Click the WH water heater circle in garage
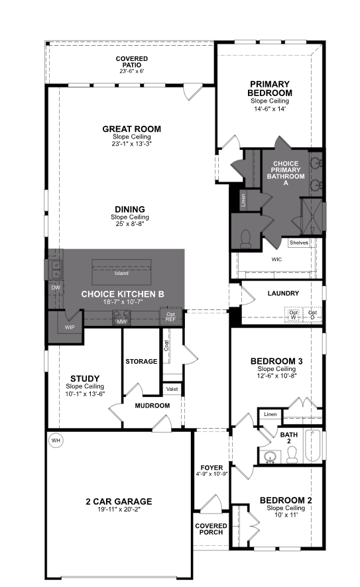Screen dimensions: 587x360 (x=56, y=440)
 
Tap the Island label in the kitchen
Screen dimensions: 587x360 (x=121, y=273)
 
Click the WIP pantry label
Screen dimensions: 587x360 (x=70, y=328)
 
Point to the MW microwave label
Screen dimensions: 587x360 (x=121, y=321)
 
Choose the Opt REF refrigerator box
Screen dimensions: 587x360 (x=170, y=317)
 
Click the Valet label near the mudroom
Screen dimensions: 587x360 (x=172, y=389)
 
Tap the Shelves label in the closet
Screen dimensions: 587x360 (x=298, y=242)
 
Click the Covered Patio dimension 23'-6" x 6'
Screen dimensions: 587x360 (x=131, y=71)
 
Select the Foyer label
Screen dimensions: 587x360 (x=212, y=468)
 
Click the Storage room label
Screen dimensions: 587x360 (x=141, y=361)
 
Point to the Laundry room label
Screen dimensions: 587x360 (x=283, y=293)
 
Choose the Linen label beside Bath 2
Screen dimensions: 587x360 (x=270, y=414)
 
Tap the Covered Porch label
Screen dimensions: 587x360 (x=211, y=529)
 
